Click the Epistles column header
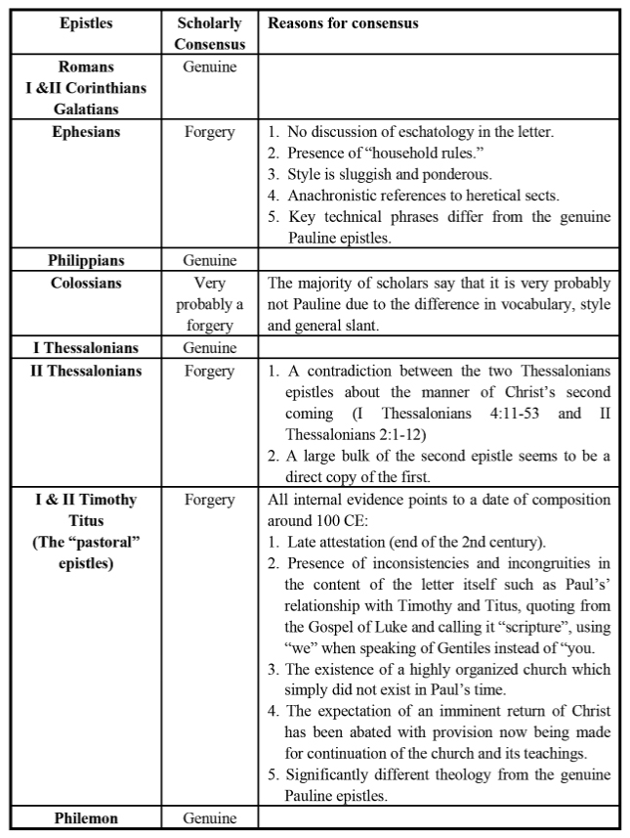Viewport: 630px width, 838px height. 86,23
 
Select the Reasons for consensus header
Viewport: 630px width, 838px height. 343,23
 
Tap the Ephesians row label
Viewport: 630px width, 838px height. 86,132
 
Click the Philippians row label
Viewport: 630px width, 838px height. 86,260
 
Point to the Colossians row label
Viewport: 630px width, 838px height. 86,284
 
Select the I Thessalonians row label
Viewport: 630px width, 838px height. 86,348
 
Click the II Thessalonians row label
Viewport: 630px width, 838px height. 86,372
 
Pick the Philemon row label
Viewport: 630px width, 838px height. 86,818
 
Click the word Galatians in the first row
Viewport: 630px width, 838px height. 86,110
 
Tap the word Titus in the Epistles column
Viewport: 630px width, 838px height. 86,520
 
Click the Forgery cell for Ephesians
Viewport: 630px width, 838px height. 210,132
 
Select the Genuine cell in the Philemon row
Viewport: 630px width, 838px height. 210,818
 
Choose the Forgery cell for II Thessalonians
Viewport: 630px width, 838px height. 210,372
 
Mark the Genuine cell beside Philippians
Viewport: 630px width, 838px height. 210,260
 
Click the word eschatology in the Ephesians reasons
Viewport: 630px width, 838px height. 436,132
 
